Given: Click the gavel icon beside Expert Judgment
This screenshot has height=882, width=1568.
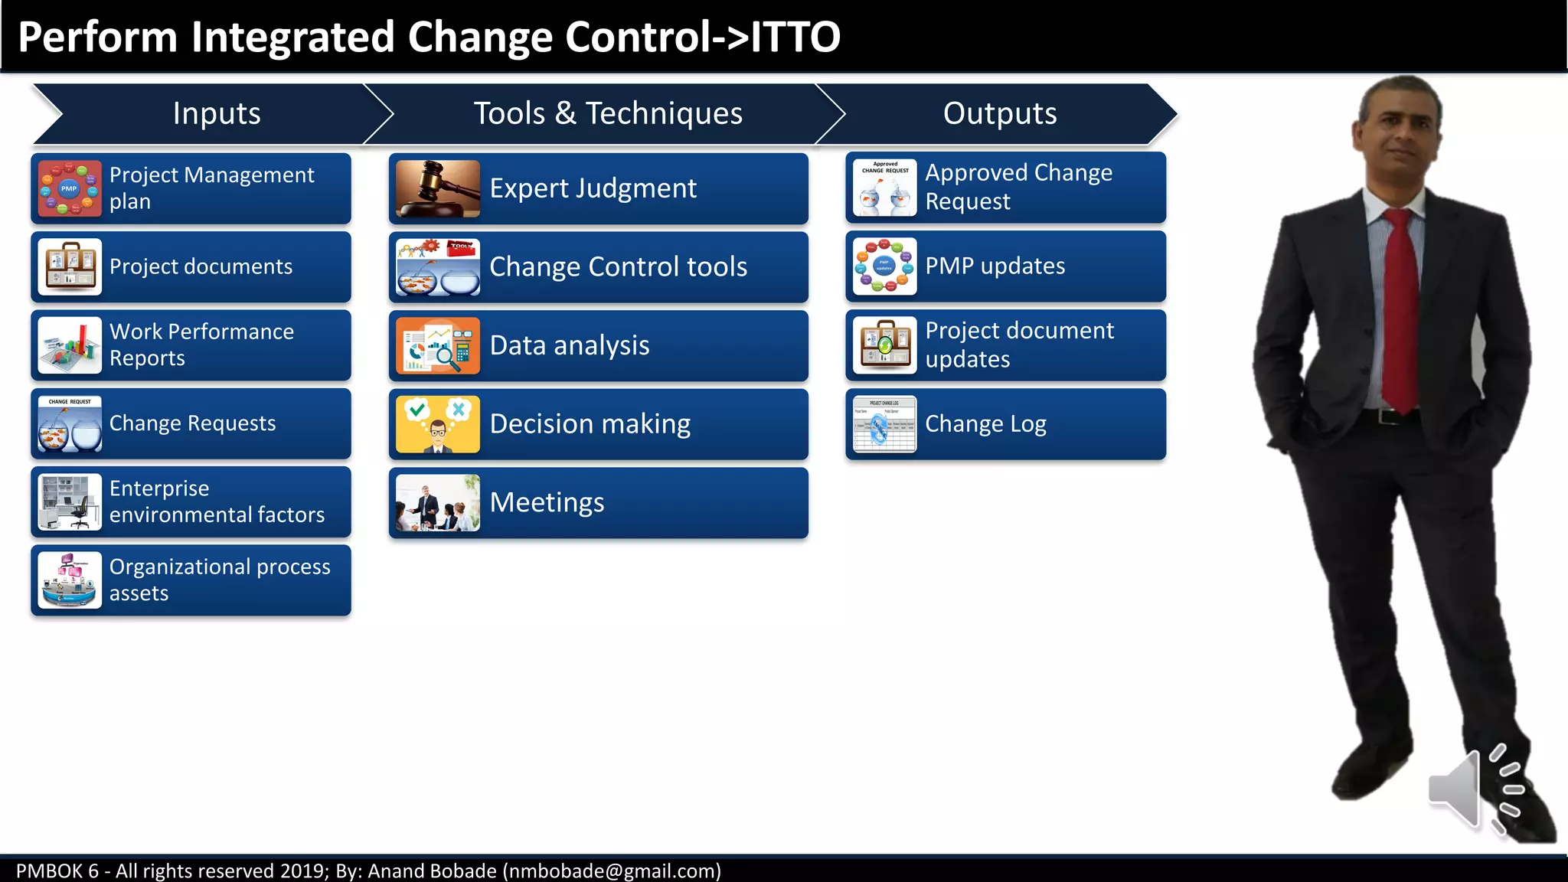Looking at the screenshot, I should coord(437,189).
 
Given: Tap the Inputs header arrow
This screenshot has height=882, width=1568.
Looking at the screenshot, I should coord(216,113).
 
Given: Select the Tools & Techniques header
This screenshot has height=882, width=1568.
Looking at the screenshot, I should coord(608,113).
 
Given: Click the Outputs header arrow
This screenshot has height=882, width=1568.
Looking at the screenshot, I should coord(999,113).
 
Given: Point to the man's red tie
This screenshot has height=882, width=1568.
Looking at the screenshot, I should coord(1401,306).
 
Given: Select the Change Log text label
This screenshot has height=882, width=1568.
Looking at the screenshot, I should coord(985,424).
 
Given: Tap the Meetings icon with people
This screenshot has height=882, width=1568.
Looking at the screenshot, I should coord(437,503).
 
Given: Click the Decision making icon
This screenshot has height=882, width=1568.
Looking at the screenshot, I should coord(437,424).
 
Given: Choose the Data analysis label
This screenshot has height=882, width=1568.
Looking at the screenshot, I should coord(570,345).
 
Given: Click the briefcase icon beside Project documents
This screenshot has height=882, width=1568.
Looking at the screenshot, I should coord(70,267).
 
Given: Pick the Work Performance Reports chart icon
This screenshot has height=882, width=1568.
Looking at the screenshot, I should coord(70,345).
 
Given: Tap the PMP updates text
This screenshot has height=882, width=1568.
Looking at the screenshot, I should coord(995,266).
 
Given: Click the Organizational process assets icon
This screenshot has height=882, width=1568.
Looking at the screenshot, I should coord(70,580).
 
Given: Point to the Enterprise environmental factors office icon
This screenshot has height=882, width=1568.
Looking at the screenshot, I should coord(70,502).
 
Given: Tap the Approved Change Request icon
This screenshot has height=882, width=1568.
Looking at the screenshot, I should coord(884,188).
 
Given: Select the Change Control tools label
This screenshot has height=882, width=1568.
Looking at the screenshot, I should coord(618,267).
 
